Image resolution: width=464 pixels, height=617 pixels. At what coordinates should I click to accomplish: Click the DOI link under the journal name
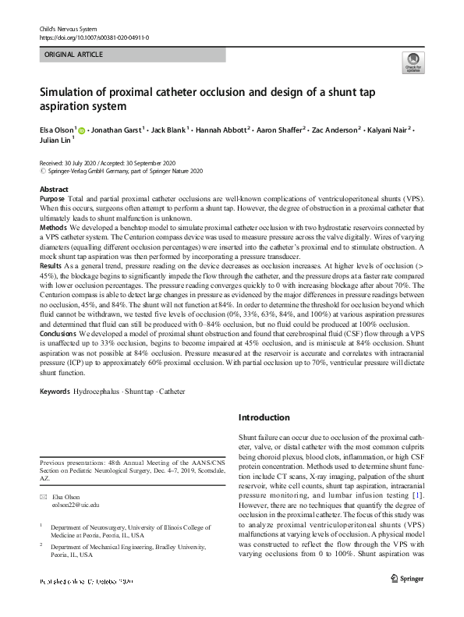click(x=94, y=37)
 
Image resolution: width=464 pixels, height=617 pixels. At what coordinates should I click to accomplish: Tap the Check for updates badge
click(x=413, y=62)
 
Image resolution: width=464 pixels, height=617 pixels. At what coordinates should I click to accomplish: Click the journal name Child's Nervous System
click(x=69, y=28)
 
